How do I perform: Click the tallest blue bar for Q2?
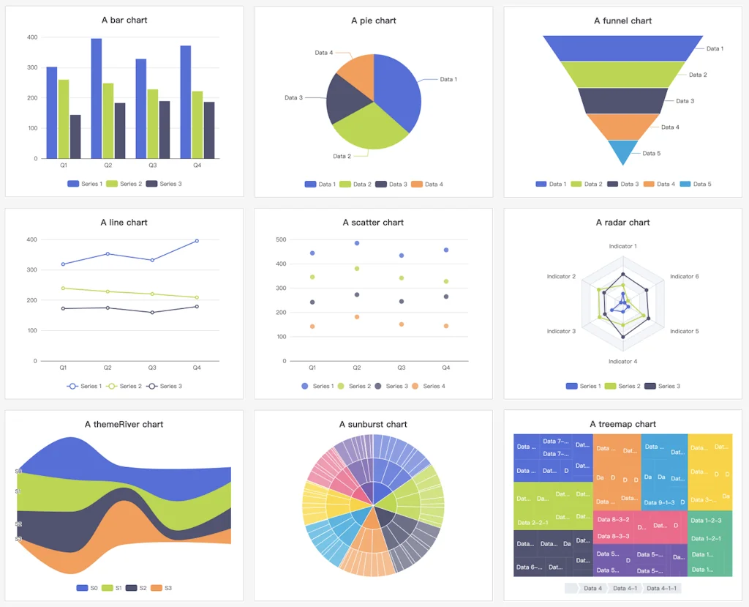click(x=97, y=98)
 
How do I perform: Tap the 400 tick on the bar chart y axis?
click(x=32, y=37)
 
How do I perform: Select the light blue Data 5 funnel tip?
click(x=623, y=152)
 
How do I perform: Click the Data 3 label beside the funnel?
click(x=685, y=101)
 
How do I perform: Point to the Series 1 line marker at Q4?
click(x=197, y=241)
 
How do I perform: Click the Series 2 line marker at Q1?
click(x=64, y=288)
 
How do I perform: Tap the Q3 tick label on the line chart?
click(x=152, y=368)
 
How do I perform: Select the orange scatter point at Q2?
click(x=357, y=317)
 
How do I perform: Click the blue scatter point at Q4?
click(x=446, y=250)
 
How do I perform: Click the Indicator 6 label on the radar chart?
click(x=684, y=277)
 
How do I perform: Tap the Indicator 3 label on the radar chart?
click(x=561, y=332)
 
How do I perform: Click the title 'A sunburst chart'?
click(x=373, y=425)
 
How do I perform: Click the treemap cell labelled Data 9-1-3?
click(x=658, y=502)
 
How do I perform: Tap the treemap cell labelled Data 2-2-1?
click(x=532, y=522)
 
